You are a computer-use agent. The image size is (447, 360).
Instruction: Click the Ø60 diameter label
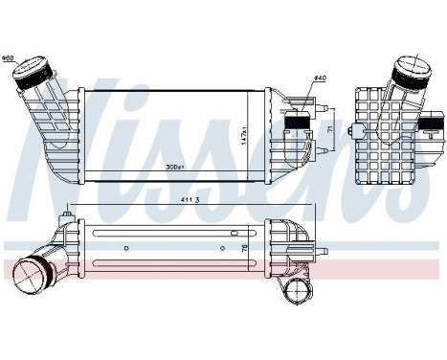tap(9, 58)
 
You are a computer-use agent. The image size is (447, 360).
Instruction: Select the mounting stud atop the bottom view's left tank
tap(67, 217)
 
